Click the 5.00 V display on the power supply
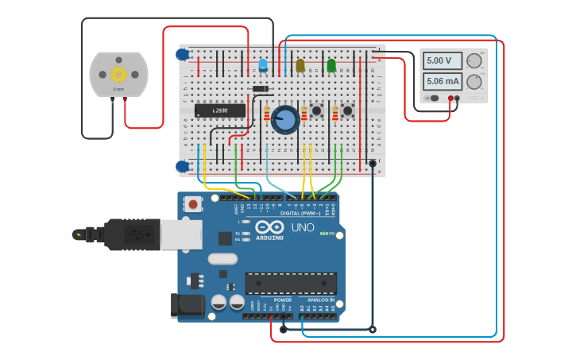[x=439, y=60]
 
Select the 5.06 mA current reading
[x=439, y=80]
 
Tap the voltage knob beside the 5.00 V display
[x=474, y=61]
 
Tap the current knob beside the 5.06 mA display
[x=474, y=81]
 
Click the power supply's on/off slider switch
[x=433, y=99]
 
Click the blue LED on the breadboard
[x=263, y=65]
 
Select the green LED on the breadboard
[x=331, y=65]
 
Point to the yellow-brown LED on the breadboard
[x=300, y=66]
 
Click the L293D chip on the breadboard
[x=220, y=110]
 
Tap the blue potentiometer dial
[x=284, y=120]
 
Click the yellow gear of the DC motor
[x=118, y=74]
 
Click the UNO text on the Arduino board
[x=303, y=227]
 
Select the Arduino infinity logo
[x=269, y=227]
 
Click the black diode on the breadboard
[x=260, y=88]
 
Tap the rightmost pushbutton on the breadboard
[x=347, y=111]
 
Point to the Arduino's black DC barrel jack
[x=187, y=306]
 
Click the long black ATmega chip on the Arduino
[x=291, y=283]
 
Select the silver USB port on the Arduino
[x=180, y=234]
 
